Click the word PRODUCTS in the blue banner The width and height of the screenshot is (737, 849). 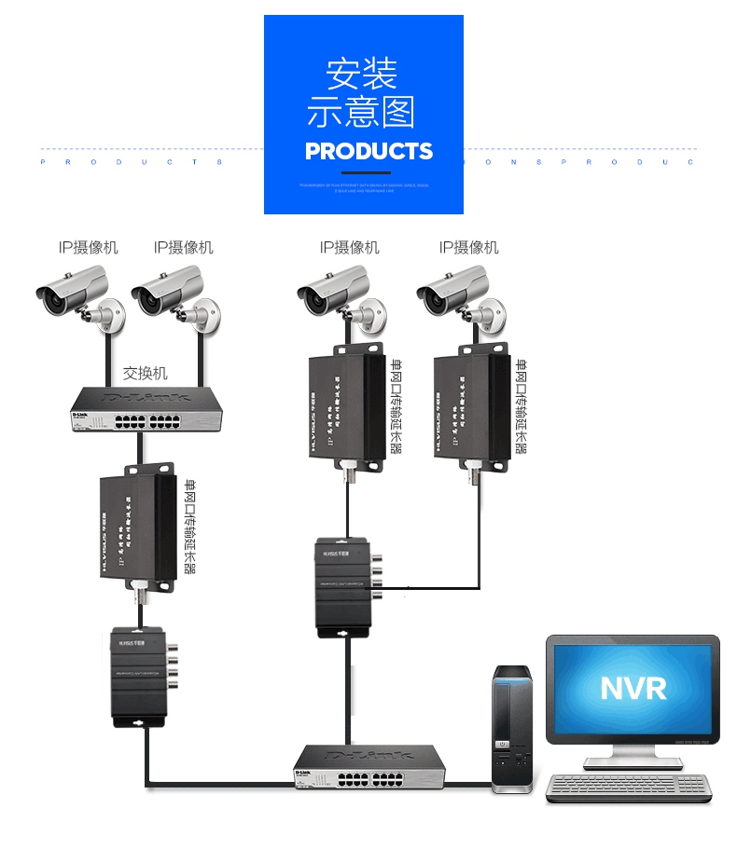click(368, 151)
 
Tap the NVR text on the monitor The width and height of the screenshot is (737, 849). click(633, 688)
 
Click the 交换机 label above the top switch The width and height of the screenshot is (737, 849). click(146, 373)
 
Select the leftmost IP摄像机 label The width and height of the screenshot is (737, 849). click(89, 247)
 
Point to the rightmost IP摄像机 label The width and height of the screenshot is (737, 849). click(469, 247)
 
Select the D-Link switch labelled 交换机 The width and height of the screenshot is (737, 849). click(147, 408)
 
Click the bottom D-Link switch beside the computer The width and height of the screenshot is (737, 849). click(369, 767)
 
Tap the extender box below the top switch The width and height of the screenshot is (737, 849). click(138, 527)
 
